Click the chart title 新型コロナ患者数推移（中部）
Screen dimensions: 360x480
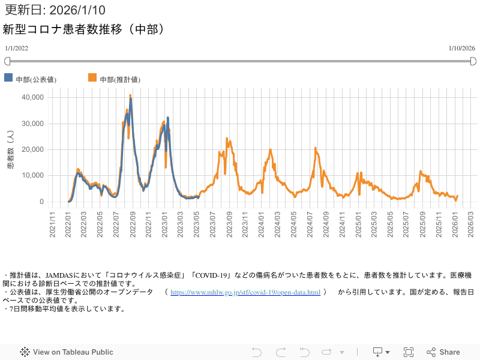[x=84, y=29]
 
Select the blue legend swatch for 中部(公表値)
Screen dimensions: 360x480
[x=8, y=78]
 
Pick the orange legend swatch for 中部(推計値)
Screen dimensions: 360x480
[x=92, y=78]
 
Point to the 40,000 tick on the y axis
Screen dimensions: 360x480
[x=32, y=97]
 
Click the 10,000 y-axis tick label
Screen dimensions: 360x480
[x=32, y=175]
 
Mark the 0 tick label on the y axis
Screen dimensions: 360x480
[x=41, y=202]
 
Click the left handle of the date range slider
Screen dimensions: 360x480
[x=7, y=61]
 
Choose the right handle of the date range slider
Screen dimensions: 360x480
[x=473, y=61]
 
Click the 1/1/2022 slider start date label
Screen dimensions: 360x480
[x=17, y=48]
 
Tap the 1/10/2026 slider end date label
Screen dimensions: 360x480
[x=462, y=48]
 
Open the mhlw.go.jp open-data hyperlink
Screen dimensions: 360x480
[x=245, y=292]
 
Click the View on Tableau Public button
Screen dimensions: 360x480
[x=67, y=352]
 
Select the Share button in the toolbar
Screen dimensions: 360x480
[x=443, y=352]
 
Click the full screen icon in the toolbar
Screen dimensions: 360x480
[x=409, y=352]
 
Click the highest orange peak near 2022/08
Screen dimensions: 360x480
[x=130, y=96]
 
